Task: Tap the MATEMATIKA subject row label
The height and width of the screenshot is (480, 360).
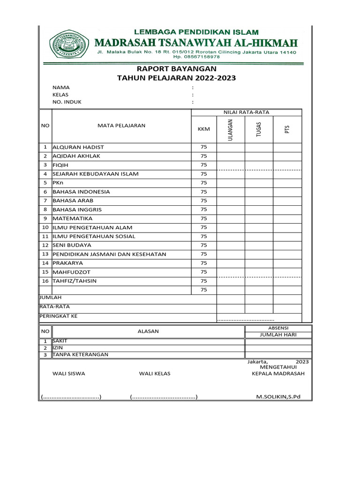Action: pos(73,218)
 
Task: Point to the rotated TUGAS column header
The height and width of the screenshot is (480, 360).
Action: pos(259,128)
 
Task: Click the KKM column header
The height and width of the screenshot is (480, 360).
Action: pos(203,129)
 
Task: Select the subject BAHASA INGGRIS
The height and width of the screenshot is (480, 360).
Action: pos(77,210)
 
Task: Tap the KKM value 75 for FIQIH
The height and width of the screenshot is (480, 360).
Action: pos(203,165)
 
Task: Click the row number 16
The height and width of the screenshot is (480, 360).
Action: pos(45,281)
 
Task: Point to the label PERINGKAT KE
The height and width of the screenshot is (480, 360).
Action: pos(58,316)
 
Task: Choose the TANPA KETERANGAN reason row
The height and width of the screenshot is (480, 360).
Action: pos(80,354)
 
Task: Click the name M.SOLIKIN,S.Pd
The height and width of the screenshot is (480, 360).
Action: pos(278,397)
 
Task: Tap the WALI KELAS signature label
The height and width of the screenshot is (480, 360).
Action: pos(155,374)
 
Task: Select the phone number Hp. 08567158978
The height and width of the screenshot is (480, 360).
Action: pos(197,57)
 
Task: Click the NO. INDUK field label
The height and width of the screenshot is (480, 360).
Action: pos(67,102)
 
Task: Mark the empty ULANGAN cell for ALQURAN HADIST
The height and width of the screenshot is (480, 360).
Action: pos(230,147)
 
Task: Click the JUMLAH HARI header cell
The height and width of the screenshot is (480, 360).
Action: pos(278,335)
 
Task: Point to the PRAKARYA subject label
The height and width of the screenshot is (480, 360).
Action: pos(71,263)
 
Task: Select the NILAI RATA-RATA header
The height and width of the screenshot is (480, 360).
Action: pos(246,112)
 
